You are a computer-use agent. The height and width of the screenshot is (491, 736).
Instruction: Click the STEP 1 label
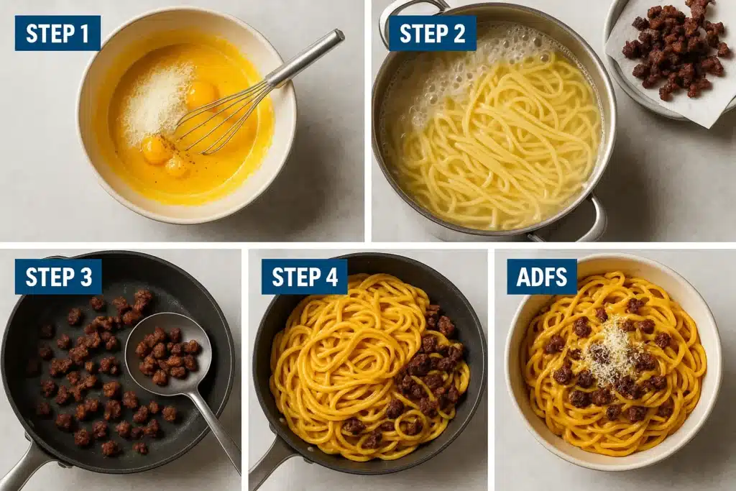pyautogui.click(x=57, y=33)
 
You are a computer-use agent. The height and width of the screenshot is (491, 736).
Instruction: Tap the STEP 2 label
pyautogui.click(x=432, y=33)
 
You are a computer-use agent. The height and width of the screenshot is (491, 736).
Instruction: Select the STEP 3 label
pyautogui.click(x=58, y=277)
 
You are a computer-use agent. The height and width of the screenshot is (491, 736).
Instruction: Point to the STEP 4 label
pyautogui.click(x=304, y=277)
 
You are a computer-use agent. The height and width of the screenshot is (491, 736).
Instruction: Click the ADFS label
pyautogui.click(x=542, y=277)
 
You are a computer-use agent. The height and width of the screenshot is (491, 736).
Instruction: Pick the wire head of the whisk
pyautogui.click(x=216, y=119)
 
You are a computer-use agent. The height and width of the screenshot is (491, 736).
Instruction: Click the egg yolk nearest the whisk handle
pyautogui.click(x=201, y=93)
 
